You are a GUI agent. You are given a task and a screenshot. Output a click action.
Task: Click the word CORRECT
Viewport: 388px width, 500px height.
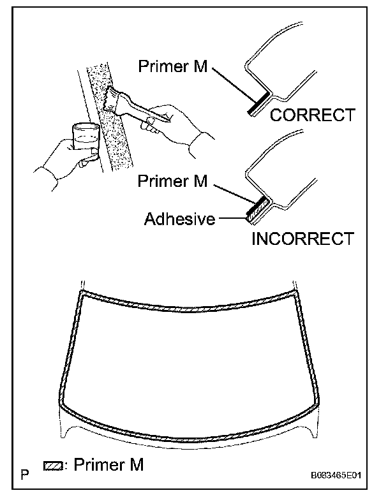click(x=312, y=115)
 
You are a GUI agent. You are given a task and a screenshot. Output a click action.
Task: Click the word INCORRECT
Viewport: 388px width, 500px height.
click(x=302, y=239)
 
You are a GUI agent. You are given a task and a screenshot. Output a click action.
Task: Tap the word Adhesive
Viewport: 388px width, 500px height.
click(x=179, y=219)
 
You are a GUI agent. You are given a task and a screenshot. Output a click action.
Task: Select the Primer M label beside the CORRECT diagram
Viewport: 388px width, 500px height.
click(x=172, y=66)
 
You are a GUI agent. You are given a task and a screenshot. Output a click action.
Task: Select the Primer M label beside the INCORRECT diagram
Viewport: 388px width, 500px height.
click(x=172, y=181)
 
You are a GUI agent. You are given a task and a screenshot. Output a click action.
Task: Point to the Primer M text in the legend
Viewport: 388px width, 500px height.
click(x=109, y=466)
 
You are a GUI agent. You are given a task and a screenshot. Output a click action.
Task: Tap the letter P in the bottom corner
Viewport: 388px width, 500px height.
click(x=25, y=474)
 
